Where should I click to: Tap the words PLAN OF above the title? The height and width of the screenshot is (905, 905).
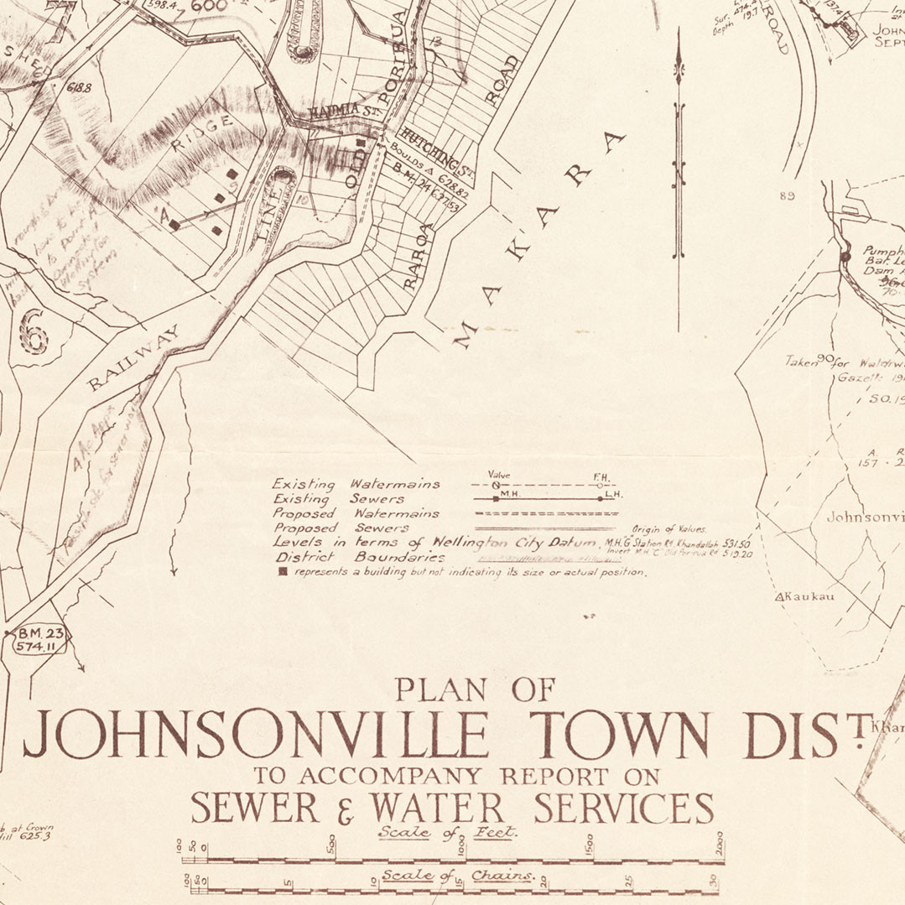[475, 690]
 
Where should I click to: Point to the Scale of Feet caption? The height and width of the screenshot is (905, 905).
[448, 833]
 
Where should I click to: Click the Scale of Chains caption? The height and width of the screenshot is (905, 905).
[458, 876]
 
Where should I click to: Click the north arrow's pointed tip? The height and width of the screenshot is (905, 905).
[679, 38]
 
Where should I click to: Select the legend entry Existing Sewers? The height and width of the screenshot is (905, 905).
[339, 499]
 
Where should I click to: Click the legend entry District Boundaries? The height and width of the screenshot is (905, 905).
[358, 557]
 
